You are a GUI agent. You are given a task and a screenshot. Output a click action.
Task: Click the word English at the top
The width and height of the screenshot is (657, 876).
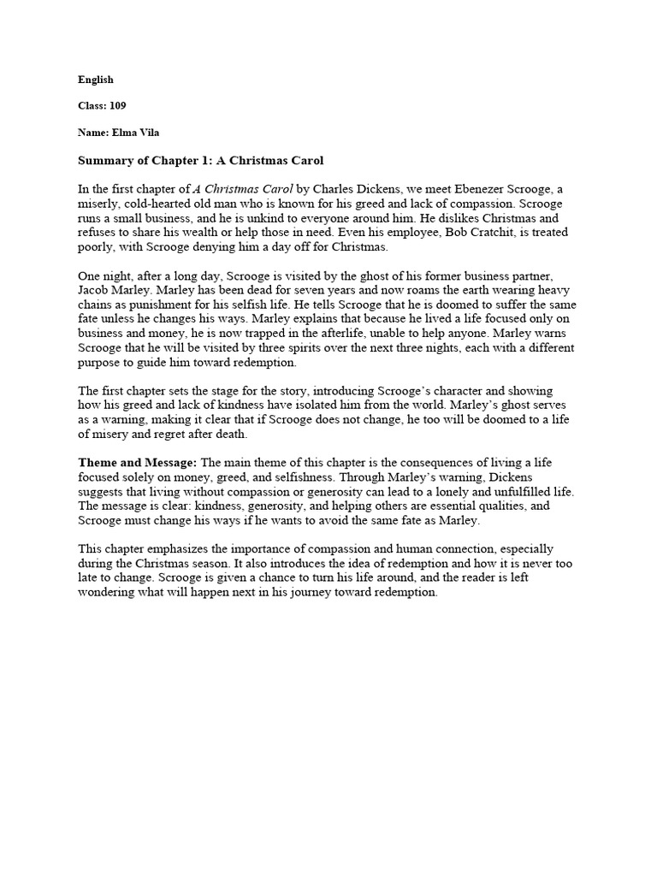(96, 80)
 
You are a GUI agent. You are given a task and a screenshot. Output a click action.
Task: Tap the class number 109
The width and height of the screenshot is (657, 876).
(117, 106)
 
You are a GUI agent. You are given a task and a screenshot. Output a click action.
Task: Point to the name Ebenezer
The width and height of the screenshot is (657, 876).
(458, 188)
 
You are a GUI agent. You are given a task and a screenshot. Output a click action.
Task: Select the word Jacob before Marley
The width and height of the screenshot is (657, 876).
(95, 290)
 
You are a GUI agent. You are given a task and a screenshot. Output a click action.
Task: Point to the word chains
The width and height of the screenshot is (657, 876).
(96, 305)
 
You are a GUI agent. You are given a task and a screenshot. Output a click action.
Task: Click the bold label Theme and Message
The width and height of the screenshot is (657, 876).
(138, 463)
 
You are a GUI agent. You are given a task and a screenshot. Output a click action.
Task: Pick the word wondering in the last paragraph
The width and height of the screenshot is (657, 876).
(107, 593)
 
